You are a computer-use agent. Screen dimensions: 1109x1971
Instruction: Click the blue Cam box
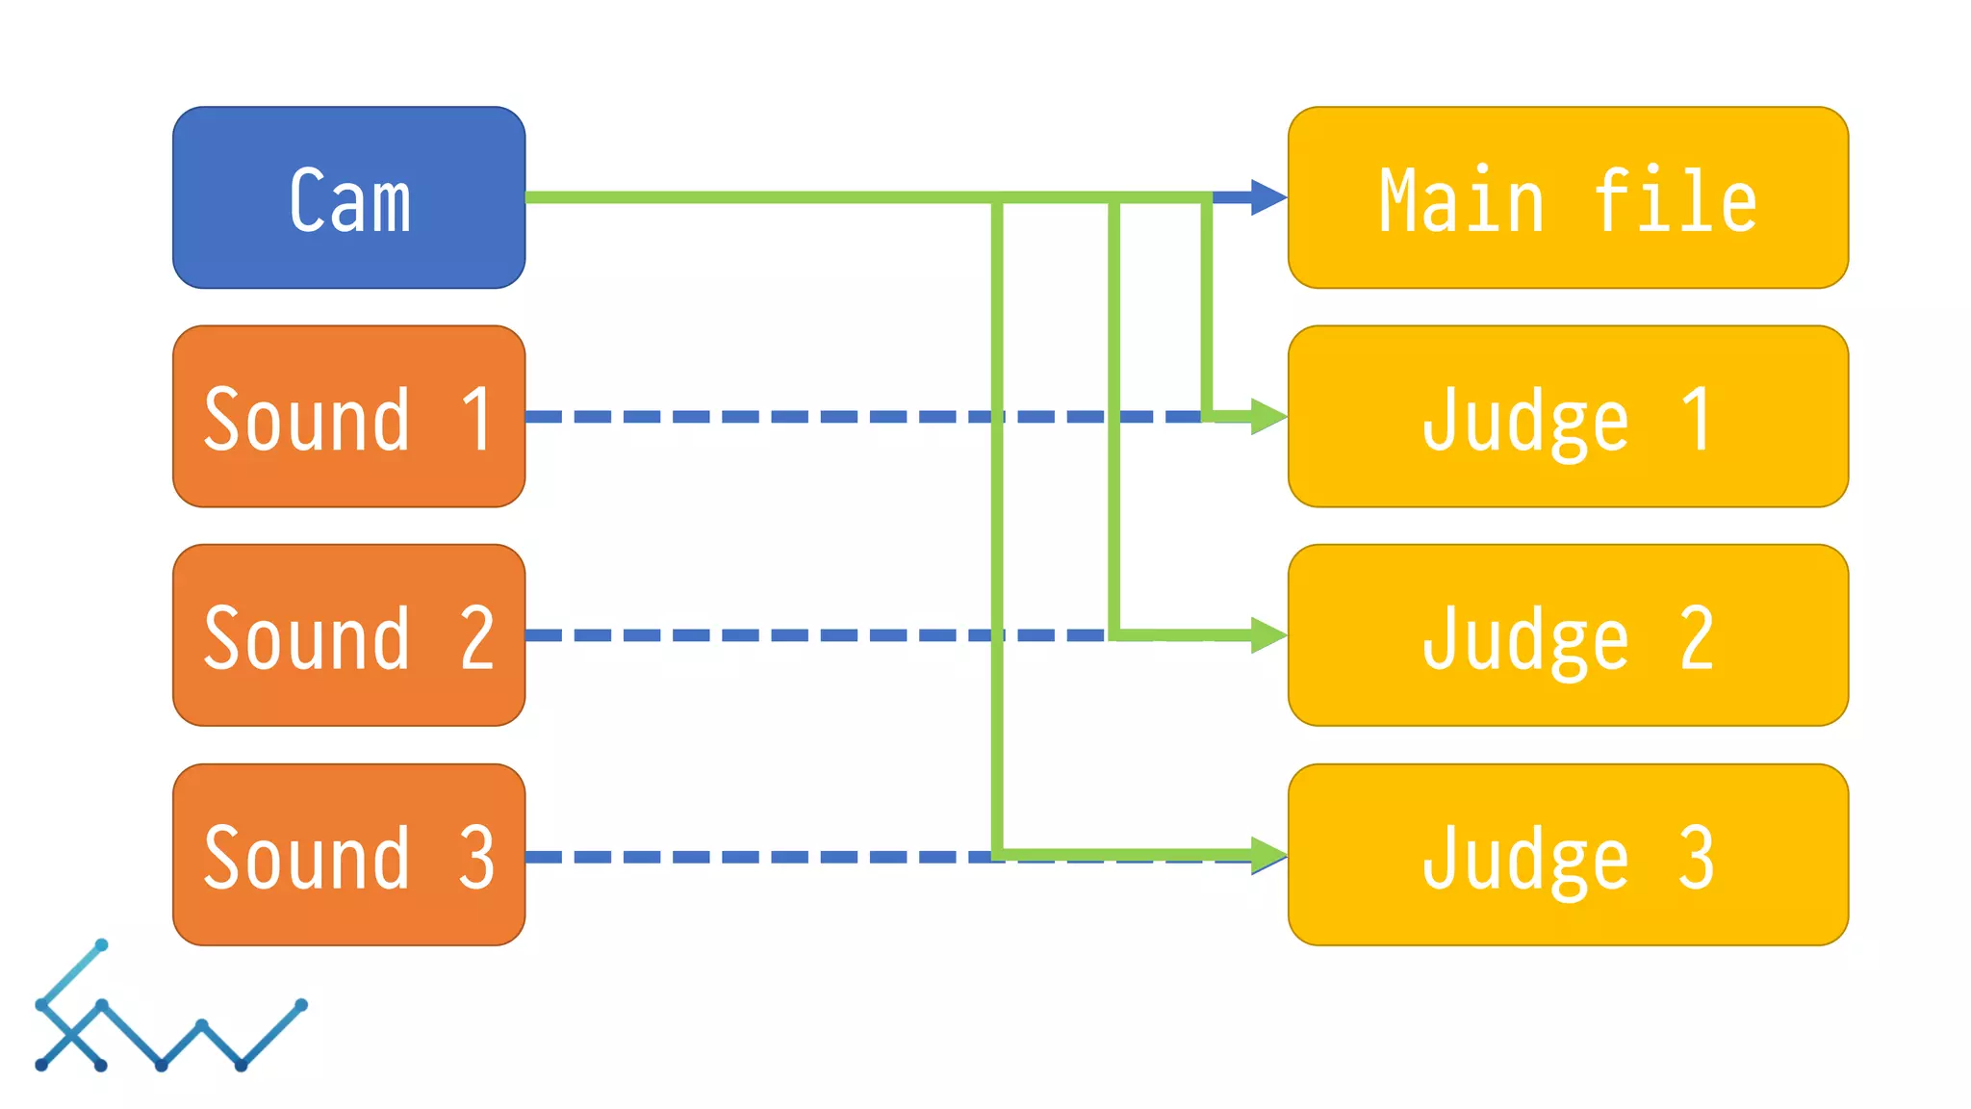[348, 197]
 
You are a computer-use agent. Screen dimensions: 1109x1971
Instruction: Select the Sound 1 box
[348, 416]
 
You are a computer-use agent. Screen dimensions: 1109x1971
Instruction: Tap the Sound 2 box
[348, 635]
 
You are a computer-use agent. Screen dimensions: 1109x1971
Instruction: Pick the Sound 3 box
[348, 855]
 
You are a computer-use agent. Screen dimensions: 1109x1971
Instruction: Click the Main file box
[1568, 197]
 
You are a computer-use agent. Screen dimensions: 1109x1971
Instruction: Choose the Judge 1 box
[1568, 416]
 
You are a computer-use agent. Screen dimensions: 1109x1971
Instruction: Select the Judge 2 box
[1568, 635]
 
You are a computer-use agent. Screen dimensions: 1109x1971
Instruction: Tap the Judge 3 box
[1568, 855]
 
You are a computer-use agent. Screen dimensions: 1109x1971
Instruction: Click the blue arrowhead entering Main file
[1267, 197]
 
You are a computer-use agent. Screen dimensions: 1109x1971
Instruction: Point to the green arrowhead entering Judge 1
[1267, 416]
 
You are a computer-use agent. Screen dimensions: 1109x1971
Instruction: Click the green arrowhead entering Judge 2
[1267, 635]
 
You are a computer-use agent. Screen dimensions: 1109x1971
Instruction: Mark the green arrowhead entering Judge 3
[1267, 854]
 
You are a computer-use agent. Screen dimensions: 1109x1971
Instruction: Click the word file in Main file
[1675, 200]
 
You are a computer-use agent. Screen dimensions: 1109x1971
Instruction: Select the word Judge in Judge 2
[1525, 639]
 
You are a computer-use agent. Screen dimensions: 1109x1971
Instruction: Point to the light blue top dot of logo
[101, 945]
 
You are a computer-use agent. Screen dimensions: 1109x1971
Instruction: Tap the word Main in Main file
[1461, 200]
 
